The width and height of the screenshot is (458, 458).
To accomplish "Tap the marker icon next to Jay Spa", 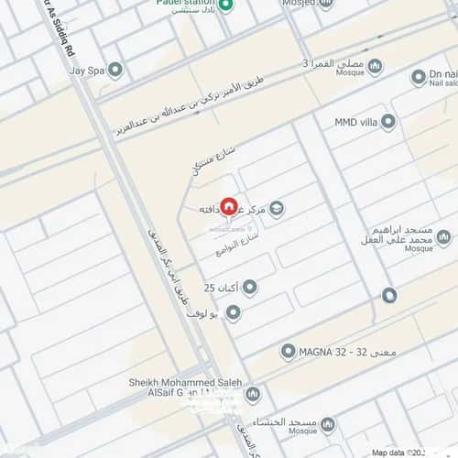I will click(x=115, y=70).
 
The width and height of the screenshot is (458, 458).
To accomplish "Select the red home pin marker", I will click(x=229, y=208).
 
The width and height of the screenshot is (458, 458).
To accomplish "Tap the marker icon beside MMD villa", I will click(x=388, y=121).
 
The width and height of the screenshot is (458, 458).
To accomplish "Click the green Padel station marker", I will click(x=234, y=5).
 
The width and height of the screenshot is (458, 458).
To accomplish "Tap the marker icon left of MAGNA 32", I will click(x=289, y=351).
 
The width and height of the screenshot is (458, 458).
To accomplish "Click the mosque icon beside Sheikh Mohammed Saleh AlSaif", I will click(x=252, y=395).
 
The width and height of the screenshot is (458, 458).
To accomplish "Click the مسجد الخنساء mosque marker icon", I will click(x=327, y=425).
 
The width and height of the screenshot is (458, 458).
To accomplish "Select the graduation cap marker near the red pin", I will click(x=277, y=209).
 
